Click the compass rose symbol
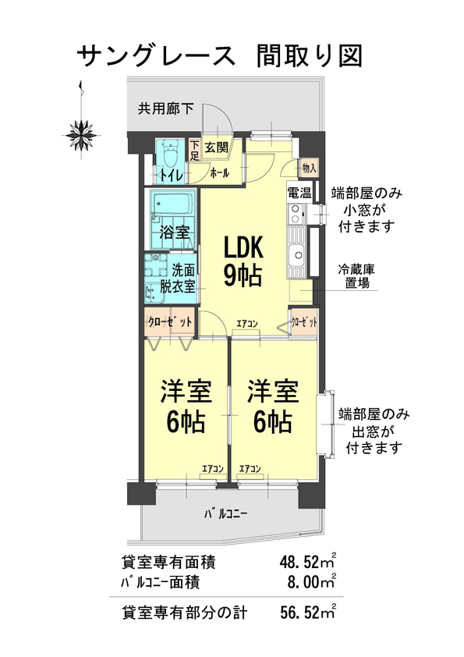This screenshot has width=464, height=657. [82, 135]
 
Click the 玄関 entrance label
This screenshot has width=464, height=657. [217, 147]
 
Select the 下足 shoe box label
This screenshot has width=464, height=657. [194, 151]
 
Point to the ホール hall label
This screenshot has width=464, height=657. [219, 172]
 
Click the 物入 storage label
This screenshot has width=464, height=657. [309, 168]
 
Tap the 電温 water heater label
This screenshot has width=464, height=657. [299, 194]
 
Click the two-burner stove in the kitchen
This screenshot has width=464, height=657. [296, 214]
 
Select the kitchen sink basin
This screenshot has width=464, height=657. [296, 254]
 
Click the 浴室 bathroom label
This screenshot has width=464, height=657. [175, 232]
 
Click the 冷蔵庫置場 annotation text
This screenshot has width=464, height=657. [357, 275]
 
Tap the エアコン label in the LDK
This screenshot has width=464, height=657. [246, 324]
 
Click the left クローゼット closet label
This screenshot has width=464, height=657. [169, 321]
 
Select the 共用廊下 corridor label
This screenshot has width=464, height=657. [166, 109]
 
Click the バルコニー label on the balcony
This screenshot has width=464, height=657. [225, 513]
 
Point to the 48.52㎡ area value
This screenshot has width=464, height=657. [308, 562]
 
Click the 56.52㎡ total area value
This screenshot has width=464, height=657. [308, 613]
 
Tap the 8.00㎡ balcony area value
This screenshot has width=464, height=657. [312, 581]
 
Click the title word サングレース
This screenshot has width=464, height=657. [156, 56]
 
